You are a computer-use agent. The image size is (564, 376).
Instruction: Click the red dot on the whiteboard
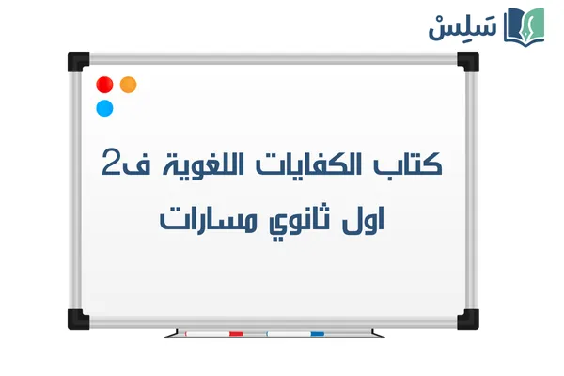tap(105, 84)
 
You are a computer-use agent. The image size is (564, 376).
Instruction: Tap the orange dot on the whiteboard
tap(129, 84)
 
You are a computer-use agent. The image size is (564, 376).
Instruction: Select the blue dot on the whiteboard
tap(105, 107)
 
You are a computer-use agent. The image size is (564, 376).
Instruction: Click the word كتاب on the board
tap(411, 164)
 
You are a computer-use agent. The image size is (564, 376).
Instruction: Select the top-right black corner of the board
tap(467, 60)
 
